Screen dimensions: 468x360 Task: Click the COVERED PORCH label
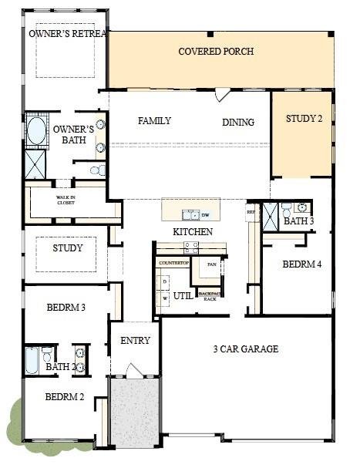pyautogui.click(x=216, y=52)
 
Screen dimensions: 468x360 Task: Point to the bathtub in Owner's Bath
pyautogui.click(x=35, y=131)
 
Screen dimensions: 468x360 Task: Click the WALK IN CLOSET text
pyautogui.click(x=66, y=200)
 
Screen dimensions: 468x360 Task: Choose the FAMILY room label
pyautogui.click(x=154, y=121)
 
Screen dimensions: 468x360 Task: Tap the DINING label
pyautogui.click(x=238, y=122)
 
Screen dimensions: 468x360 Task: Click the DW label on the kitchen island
pyautogui.click(x=206, y=214)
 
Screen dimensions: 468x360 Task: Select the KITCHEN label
pyautogui.click(x=192, y=231)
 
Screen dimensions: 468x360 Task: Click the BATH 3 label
pyautogui.click(x=298, y=221)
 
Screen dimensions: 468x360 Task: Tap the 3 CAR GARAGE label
pyautogui.click(x=245, y=349)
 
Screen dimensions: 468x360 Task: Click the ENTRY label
pyautogui.click(x=135, y=340)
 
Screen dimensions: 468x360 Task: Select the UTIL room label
pyautogui.click(x=183, y=295)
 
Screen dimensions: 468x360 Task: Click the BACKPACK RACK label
pyautogui.click(x=208, y=296)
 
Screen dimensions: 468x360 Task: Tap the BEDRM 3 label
pyautogui.click(x=66, y=308)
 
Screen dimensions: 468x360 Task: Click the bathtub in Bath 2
pyautogui.click(x=32, y=360)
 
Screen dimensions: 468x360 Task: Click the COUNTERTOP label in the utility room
pyautogui.click(x=173, y=263)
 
